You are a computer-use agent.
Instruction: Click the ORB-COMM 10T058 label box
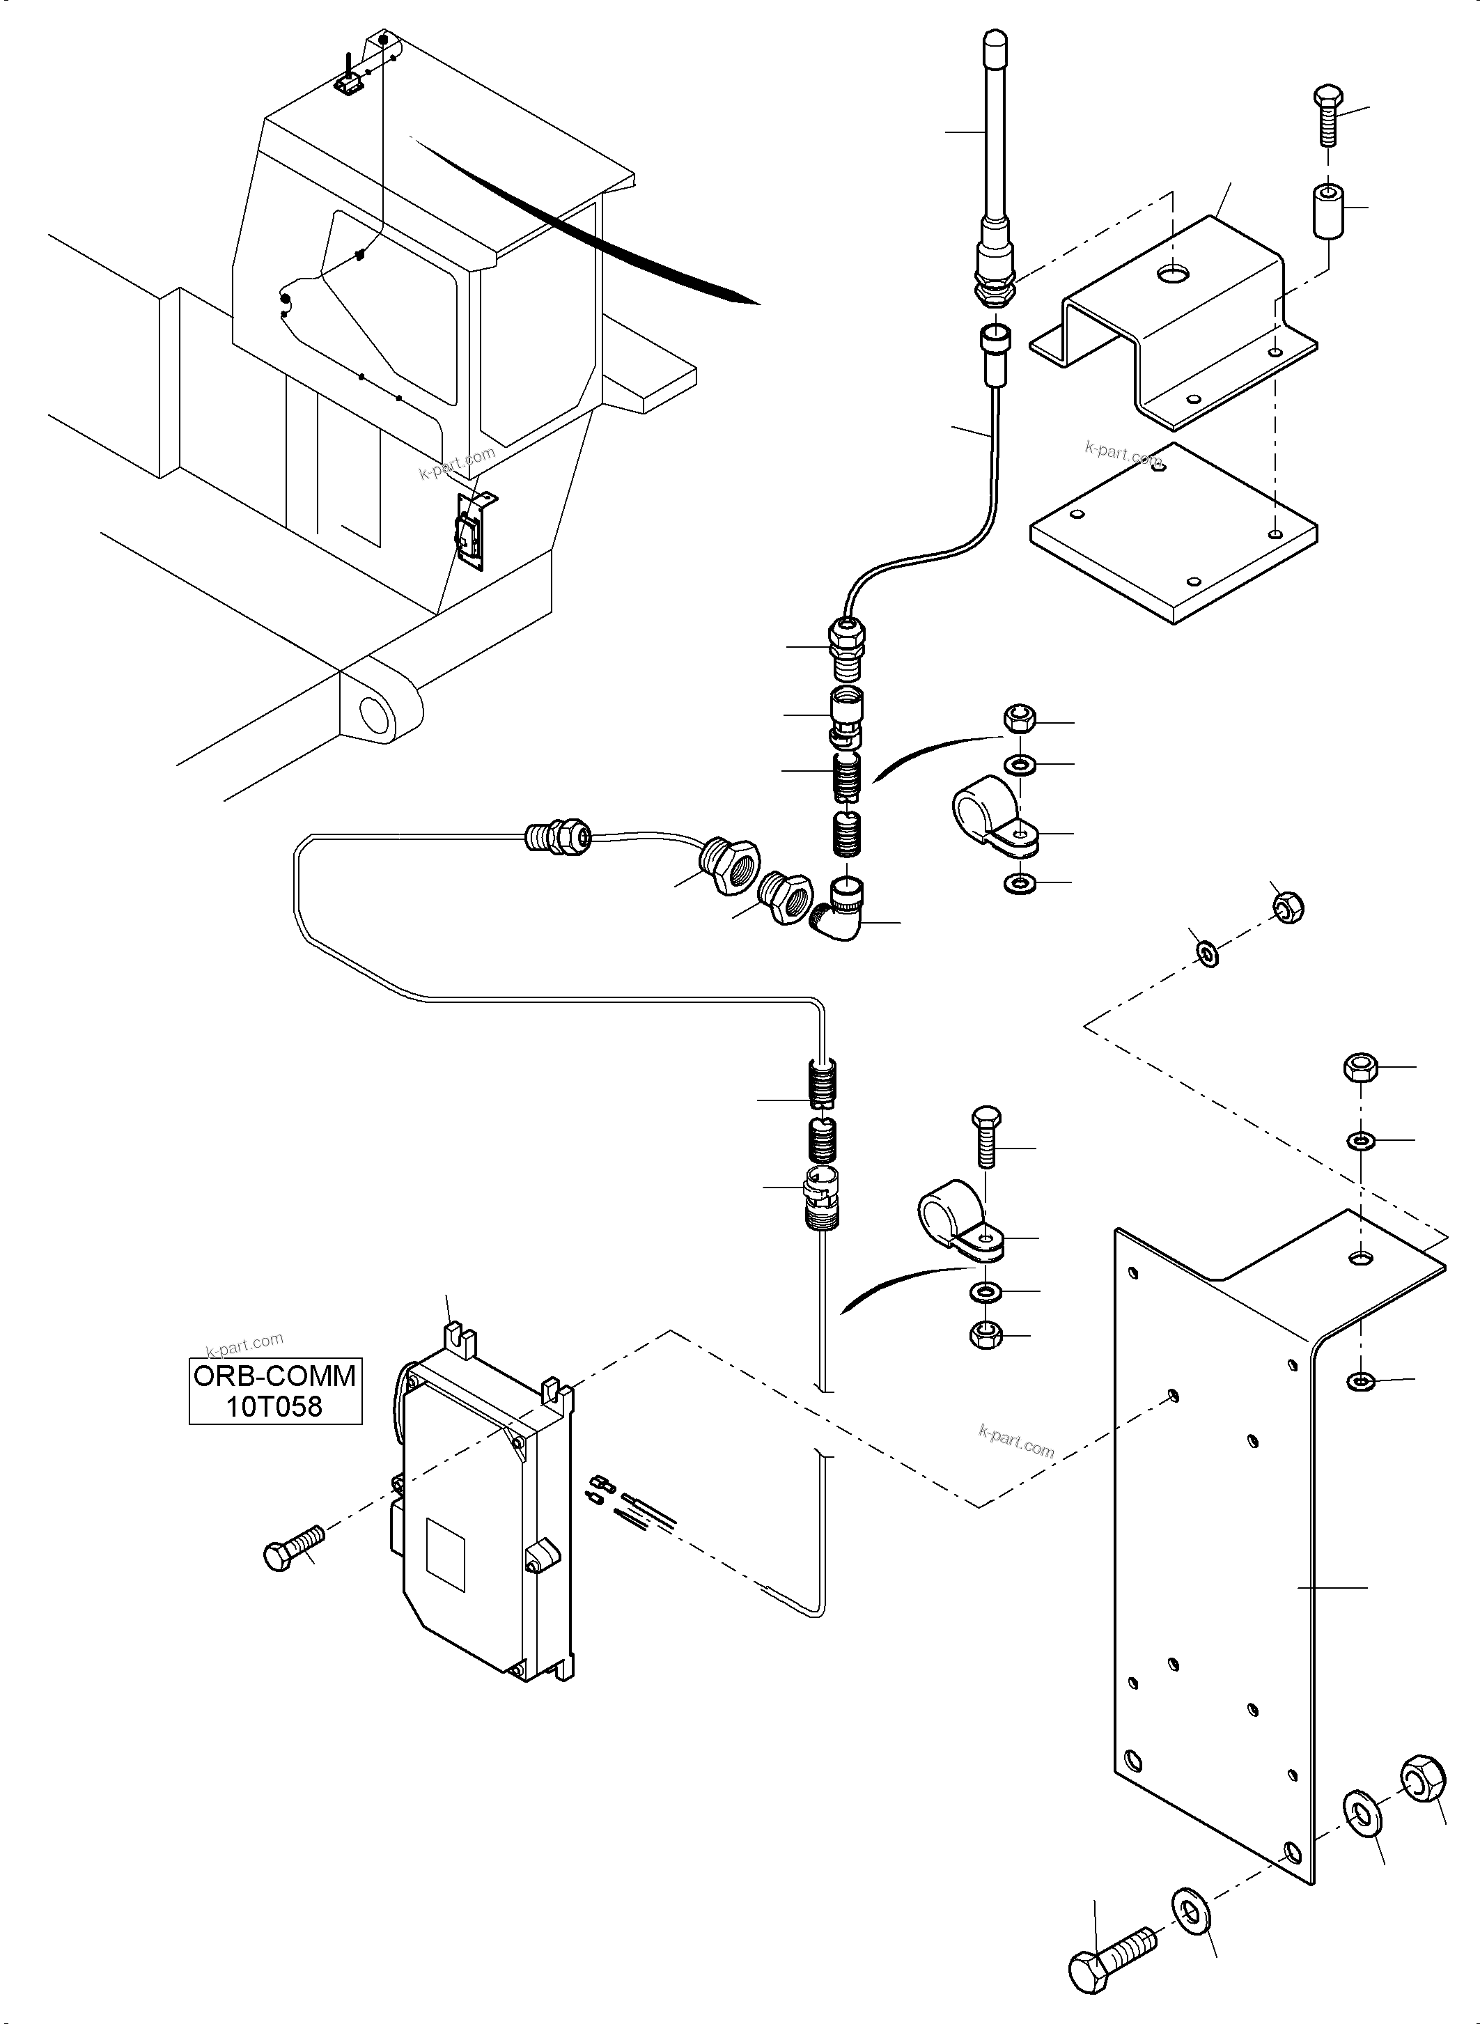click(x=275, y=1391)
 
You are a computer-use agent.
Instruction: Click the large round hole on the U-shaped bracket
click(x=1171, y=272)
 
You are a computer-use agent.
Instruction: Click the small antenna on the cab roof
click(x=348, y=75)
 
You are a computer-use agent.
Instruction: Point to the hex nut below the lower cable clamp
click(x=986, y=1335)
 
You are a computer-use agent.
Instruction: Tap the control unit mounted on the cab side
click(x=473, y=532)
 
